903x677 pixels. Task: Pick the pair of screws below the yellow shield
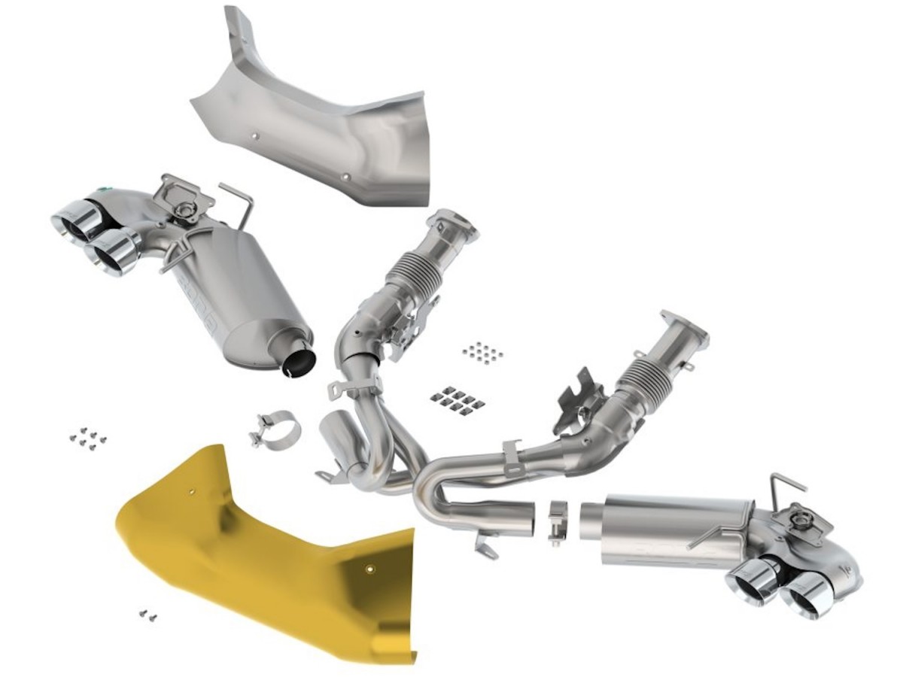pos(147,616)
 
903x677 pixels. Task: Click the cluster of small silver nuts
pos(482,352)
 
